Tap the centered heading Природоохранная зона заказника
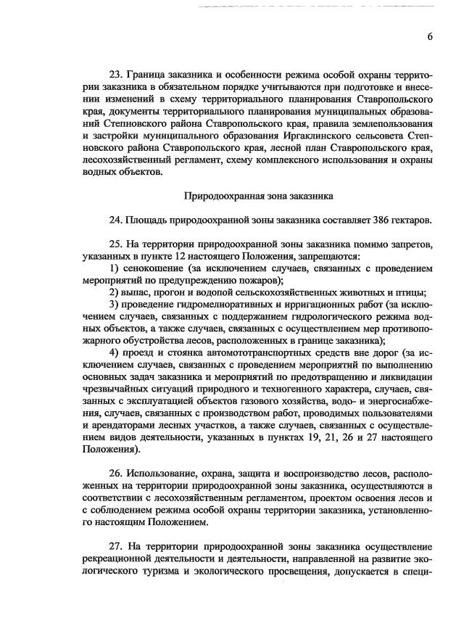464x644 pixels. click(x=253, y=195)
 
